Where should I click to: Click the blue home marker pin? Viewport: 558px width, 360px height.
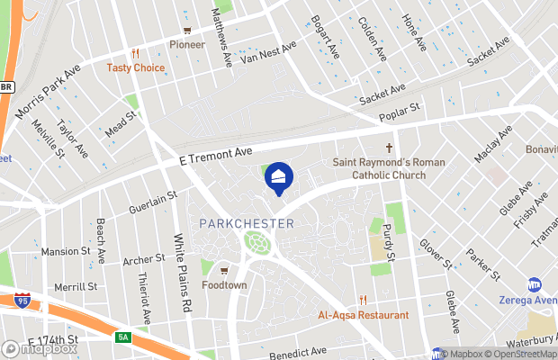(279, 176)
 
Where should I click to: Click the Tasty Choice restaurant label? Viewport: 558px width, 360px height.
(136, 67)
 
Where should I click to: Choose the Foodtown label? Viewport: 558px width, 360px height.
(224, 285)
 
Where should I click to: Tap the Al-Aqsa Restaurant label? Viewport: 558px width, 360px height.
(363, 315)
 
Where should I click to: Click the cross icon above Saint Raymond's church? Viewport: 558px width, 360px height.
(391, 148)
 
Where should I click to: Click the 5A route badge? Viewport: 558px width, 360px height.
(123, 338)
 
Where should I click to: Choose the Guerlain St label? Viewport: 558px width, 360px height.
(153, 202)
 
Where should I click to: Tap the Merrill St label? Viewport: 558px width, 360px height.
(76, 287)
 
